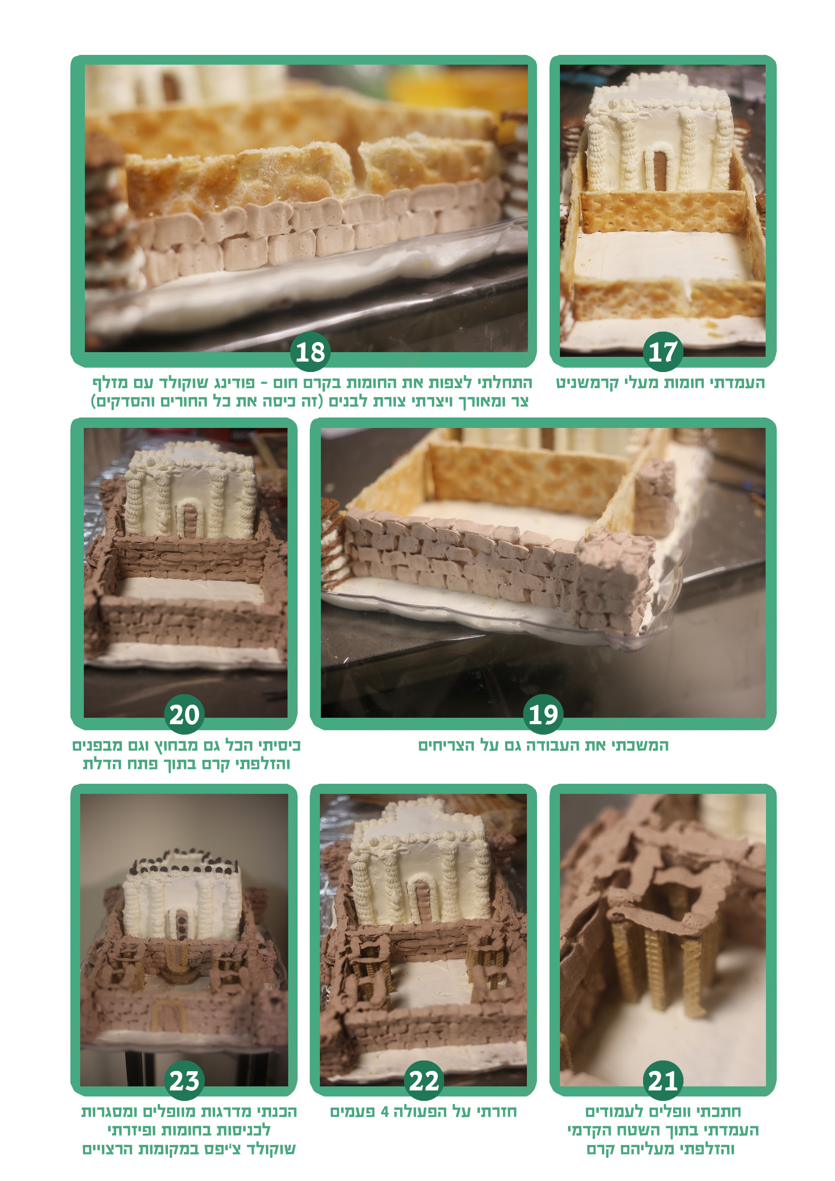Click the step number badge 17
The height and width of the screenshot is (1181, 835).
pos(663,352)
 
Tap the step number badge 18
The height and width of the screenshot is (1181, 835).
pos(310,352)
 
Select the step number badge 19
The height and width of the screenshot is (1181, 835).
pos(543,714)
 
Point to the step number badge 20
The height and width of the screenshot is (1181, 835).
pos(184,714)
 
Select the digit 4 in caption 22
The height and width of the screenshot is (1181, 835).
pos(384,1112)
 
